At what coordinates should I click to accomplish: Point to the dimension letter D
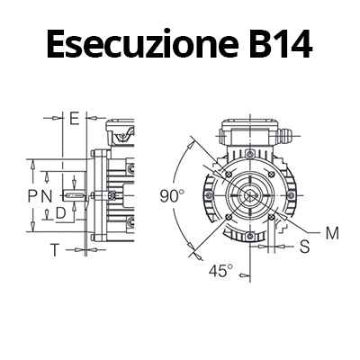(60, 213)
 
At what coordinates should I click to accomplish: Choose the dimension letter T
(54, 249)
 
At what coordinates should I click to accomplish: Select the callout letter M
(331, 232)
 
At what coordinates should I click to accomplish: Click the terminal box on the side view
(118, 137)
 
